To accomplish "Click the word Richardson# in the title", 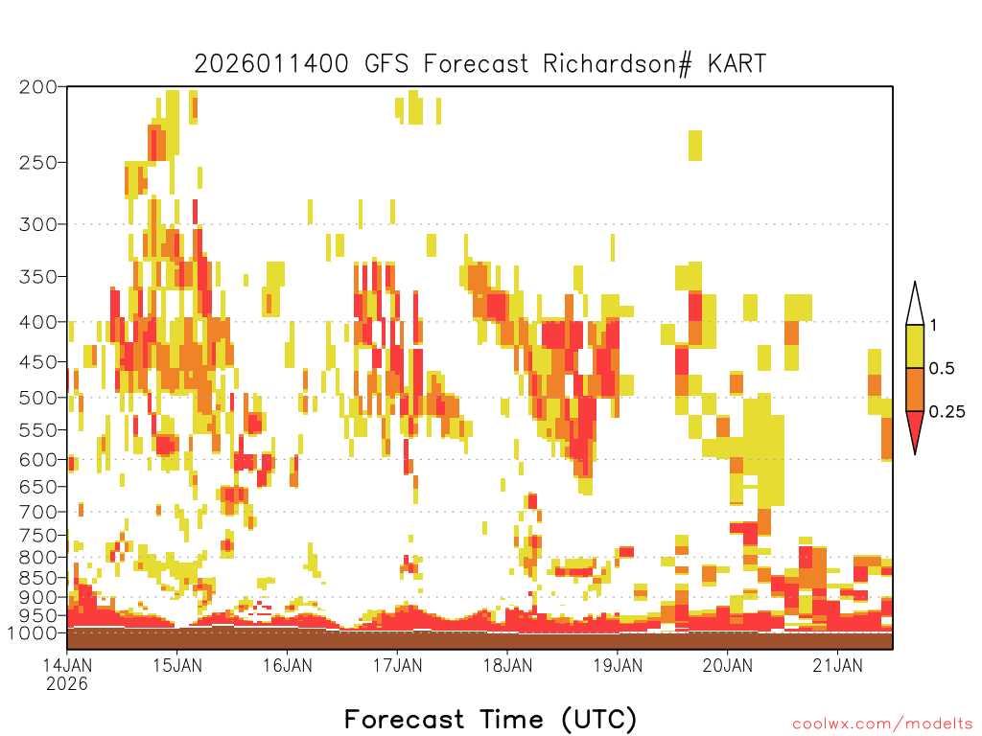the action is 617,64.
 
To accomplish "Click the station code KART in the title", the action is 737,64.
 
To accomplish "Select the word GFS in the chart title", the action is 386,64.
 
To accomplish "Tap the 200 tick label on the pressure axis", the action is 37,87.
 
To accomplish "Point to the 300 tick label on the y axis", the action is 37,224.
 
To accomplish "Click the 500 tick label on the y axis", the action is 37,398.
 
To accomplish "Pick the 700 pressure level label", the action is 37,513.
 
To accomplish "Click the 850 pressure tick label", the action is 37,578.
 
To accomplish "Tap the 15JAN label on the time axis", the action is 177,665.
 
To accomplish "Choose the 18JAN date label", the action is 508,665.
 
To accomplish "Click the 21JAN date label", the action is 837,665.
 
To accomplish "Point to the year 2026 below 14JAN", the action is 67,684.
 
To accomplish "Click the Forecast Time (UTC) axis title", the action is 490,720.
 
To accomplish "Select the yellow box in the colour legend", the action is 915,346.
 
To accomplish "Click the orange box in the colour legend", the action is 915,389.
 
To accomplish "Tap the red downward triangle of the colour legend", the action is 915,429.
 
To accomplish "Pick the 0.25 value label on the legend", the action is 947,412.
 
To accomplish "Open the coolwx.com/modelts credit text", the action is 883,724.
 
